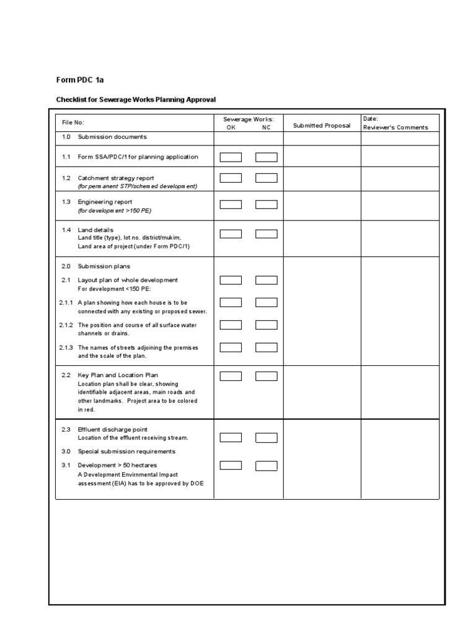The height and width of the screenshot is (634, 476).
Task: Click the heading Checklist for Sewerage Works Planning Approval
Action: (136, 100)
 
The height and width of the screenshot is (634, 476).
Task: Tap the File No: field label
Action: (73, 123)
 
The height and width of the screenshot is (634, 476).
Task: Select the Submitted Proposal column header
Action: (322, 126)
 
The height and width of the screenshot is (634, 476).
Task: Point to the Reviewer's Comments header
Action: (395, 128)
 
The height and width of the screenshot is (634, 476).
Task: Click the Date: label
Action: (371, 119)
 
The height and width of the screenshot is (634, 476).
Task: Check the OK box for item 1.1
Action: (231, 157)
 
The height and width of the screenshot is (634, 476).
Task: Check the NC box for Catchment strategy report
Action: (267, 178)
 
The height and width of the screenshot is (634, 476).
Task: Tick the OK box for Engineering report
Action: (231, 204)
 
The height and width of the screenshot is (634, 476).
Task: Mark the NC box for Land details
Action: (267, 234)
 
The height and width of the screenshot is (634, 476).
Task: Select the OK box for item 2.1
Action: (231, 280)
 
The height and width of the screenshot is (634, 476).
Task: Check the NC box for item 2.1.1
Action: (267, 302)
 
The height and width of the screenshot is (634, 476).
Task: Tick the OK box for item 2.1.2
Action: (231, 324)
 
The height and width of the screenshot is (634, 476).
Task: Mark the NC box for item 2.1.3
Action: (267, 347)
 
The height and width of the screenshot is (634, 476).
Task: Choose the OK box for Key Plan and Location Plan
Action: (231, 376)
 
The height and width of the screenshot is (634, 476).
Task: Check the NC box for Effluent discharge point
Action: (267, 438)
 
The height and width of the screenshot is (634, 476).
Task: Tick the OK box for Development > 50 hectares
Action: (231, 466)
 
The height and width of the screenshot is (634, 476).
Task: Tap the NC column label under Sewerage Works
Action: (267, 128)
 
